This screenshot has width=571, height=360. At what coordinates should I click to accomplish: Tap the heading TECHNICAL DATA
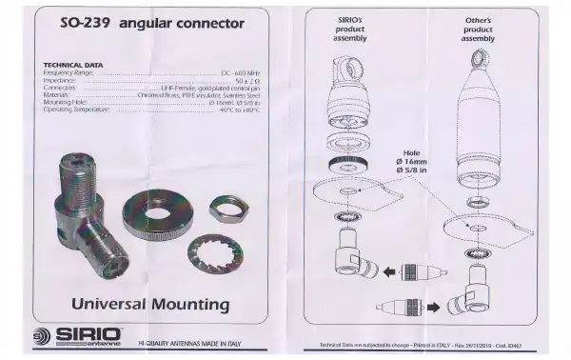click(74, 65)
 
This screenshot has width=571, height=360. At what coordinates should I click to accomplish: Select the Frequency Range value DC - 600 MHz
click(241, 72)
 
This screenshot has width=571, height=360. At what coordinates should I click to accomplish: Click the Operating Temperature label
click(78, 110)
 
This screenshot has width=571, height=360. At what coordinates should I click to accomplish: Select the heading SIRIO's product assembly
click(351, 29)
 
